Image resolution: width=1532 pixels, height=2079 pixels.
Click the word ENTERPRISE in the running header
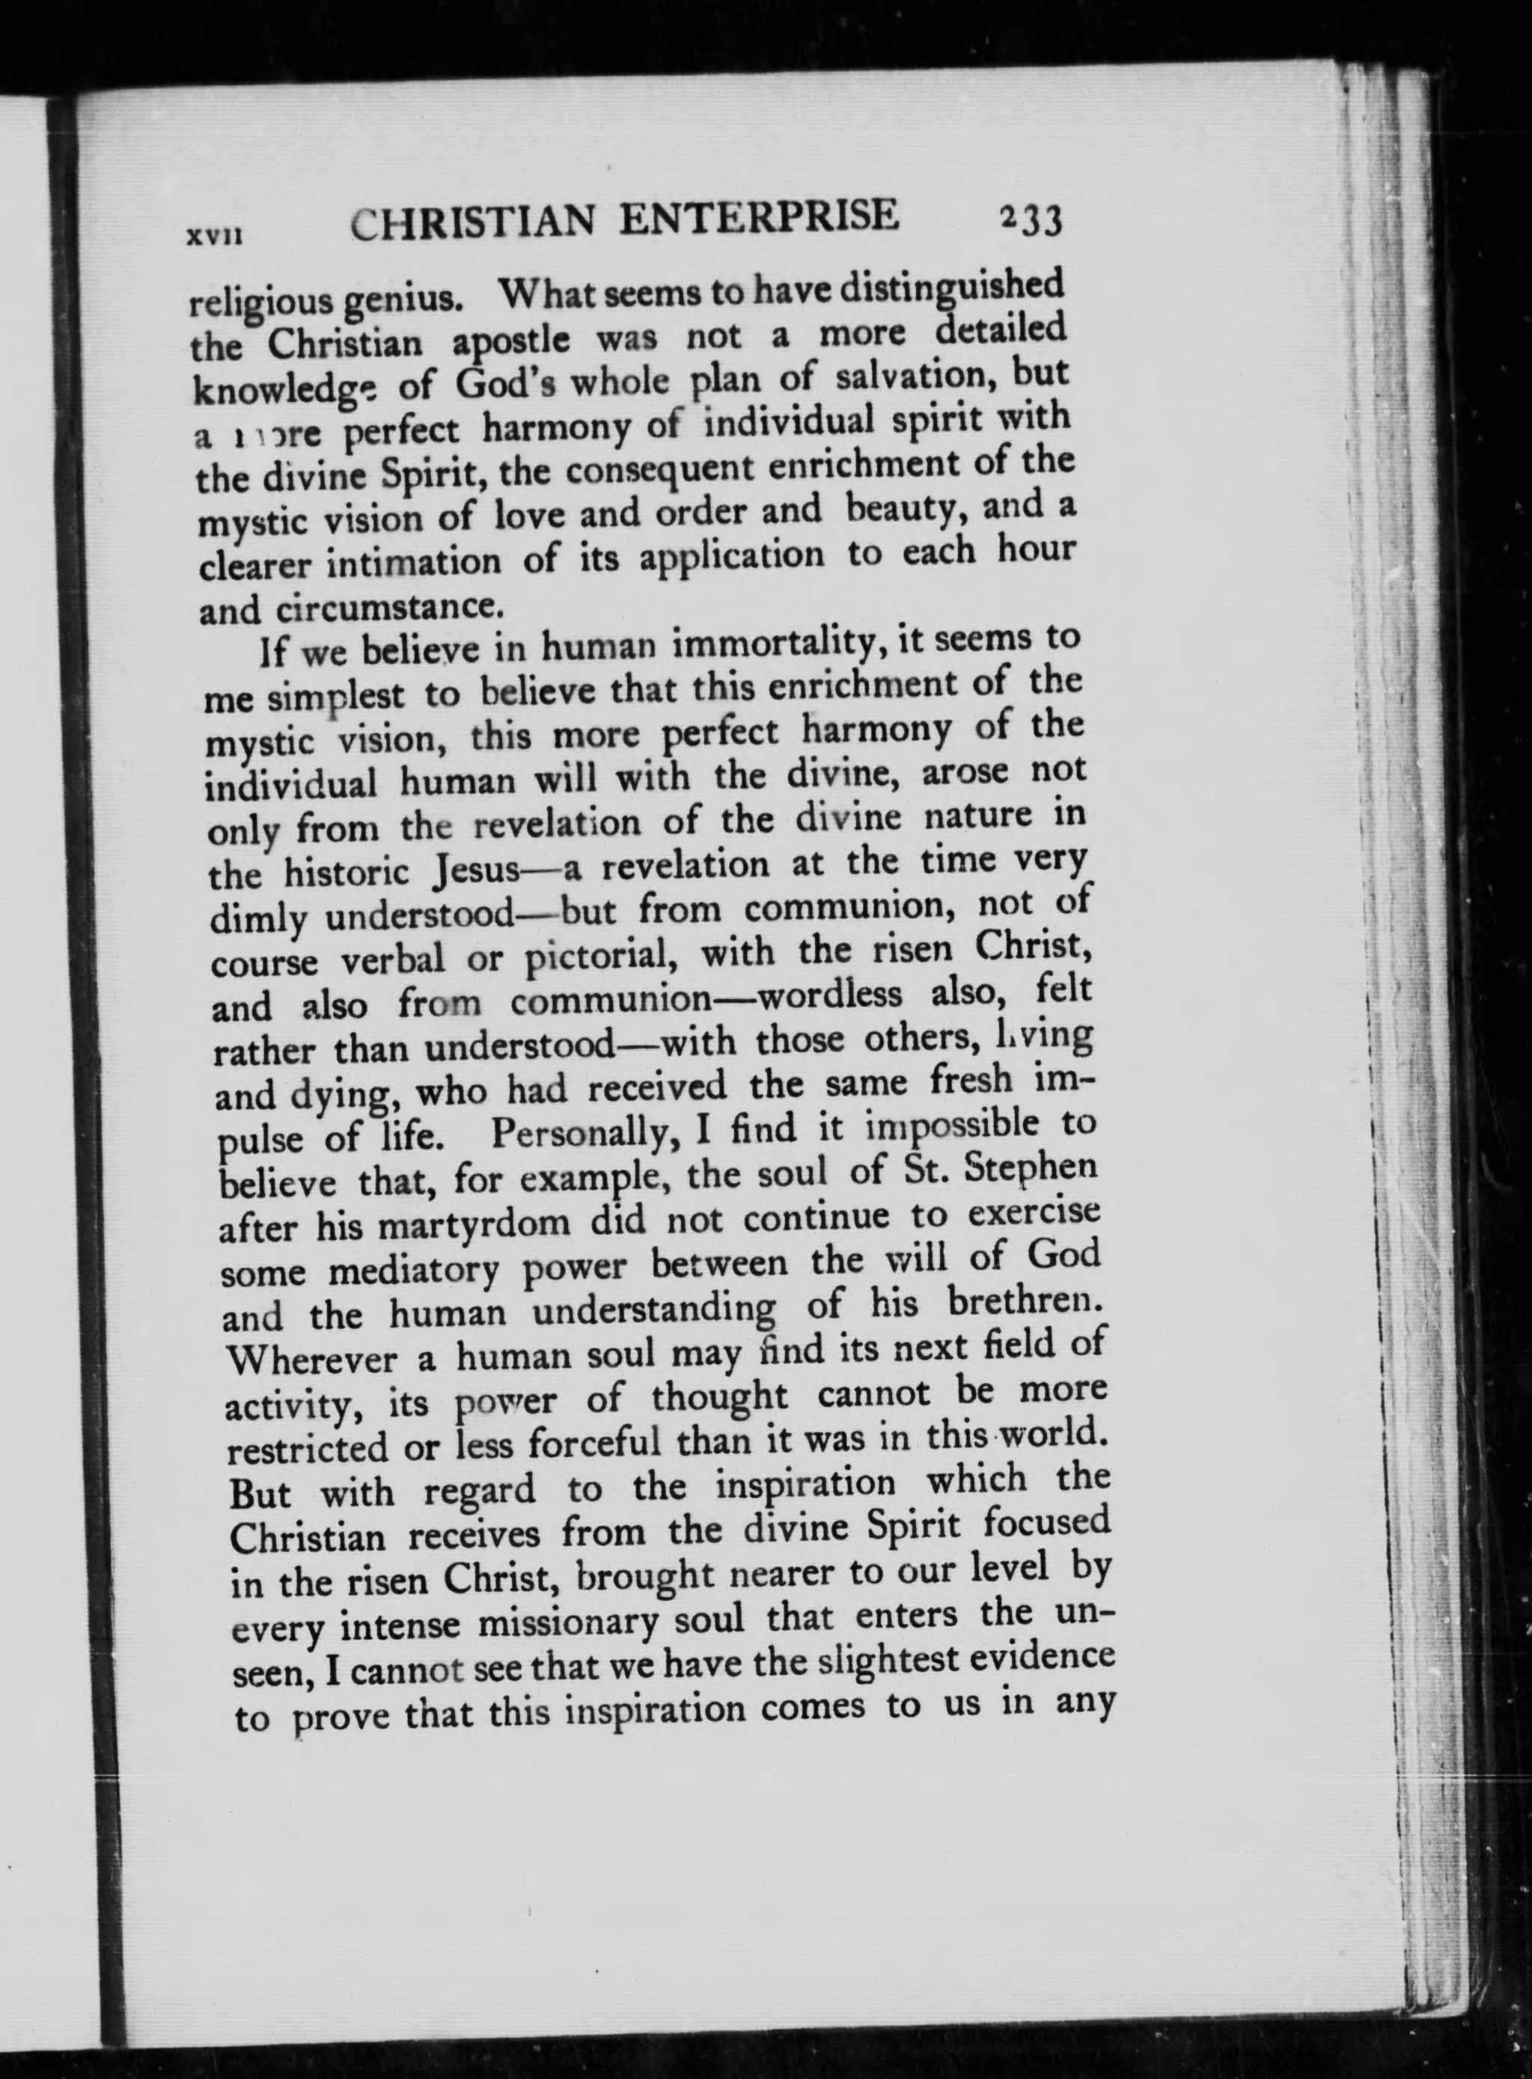[x=759, y=219]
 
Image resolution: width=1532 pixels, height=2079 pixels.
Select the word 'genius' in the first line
[x=400, y=298]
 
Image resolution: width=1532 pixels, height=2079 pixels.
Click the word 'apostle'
[x=507, y=340]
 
